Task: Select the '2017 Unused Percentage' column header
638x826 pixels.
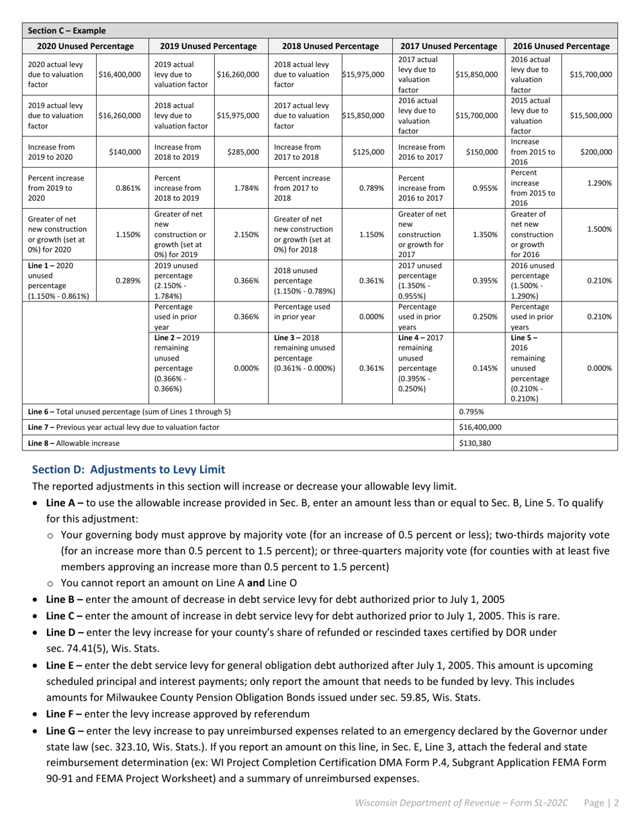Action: click(x=449, y=46)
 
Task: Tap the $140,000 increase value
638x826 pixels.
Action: click(x=125, y=152)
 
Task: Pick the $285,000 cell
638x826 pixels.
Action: click(x=242, y=152)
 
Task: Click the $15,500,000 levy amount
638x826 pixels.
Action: click(x=590, y=116)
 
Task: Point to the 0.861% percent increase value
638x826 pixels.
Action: click(x=128, y=189)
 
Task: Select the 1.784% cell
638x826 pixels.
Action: click(x=246, y=189)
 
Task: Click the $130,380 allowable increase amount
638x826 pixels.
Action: click(x=474, y=443)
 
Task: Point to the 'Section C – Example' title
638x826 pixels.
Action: click(x=66, y=31)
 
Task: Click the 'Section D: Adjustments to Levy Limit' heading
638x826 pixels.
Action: click(x=128, y=469)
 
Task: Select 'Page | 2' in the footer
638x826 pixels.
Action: click(x=601, y=802)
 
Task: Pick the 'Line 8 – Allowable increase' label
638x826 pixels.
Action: click(x=74, y=443)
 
